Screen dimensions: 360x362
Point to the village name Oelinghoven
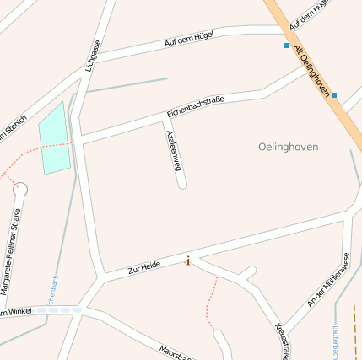[x=288, y=147]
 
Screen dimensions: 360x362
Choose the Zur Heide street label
[x=144, y=267]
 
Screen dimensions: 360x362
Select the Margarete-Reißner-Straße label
[x=11, y=251]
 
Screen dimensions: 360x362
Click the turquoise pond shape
[x=55, y=139]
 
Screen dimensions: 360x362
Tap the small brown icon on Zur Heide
[x=187, y=261]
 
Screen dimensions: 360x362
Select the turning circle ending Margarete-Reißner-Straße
[x=20, y=188]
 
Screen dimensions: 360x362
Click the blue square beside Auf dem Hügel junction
[x=287, y=46]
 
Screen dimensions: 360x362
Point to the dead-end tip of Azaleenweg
[x=182, y=184]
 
